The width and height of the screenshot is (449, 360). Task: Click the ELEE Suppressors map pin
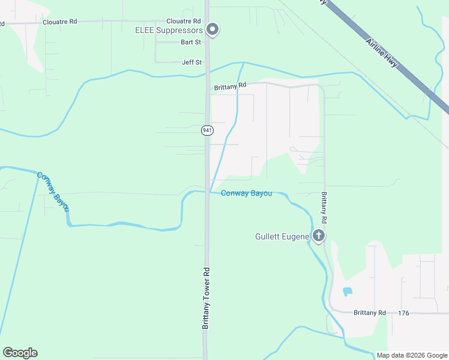tap(212, 29)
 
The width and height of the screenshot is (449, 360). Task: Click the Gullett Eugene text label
tap(282, 236)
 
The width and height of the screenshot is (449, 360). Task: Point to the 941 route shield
tap(207, 130)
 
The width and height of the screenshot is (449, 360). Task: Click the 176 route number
tap(403, 313)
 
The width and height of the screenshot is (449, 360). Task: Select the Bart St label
tap(191, 43)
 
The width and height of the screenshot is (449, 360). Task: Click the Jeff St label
tap(191, 62)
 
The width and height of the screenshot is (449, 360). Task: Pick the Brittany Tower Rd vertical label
tap(205, 298)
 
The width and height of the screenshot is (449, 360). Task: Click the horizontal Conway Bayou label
tap(246, 193)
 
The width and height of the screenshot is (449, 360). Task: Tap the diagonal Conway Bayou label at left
tap(53, 191)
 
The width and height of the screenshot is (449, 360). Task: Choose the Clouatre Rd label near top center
tap(184, 22)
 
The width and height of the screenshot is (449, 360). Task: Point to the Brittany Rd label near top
tap(230, 86)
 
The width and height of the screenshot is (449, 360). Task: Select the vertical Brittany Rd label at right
tap(324, 208)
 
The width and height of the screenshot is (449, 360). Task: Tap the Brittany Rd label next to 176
tap(370, 313)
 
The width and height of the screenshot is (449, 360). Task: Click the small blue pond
tap(347, 292)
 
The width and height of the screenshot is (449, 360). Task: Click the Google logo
tap(20, 353)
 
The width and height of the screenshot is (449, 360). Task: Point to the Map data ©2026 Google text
tap(412, 355)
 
